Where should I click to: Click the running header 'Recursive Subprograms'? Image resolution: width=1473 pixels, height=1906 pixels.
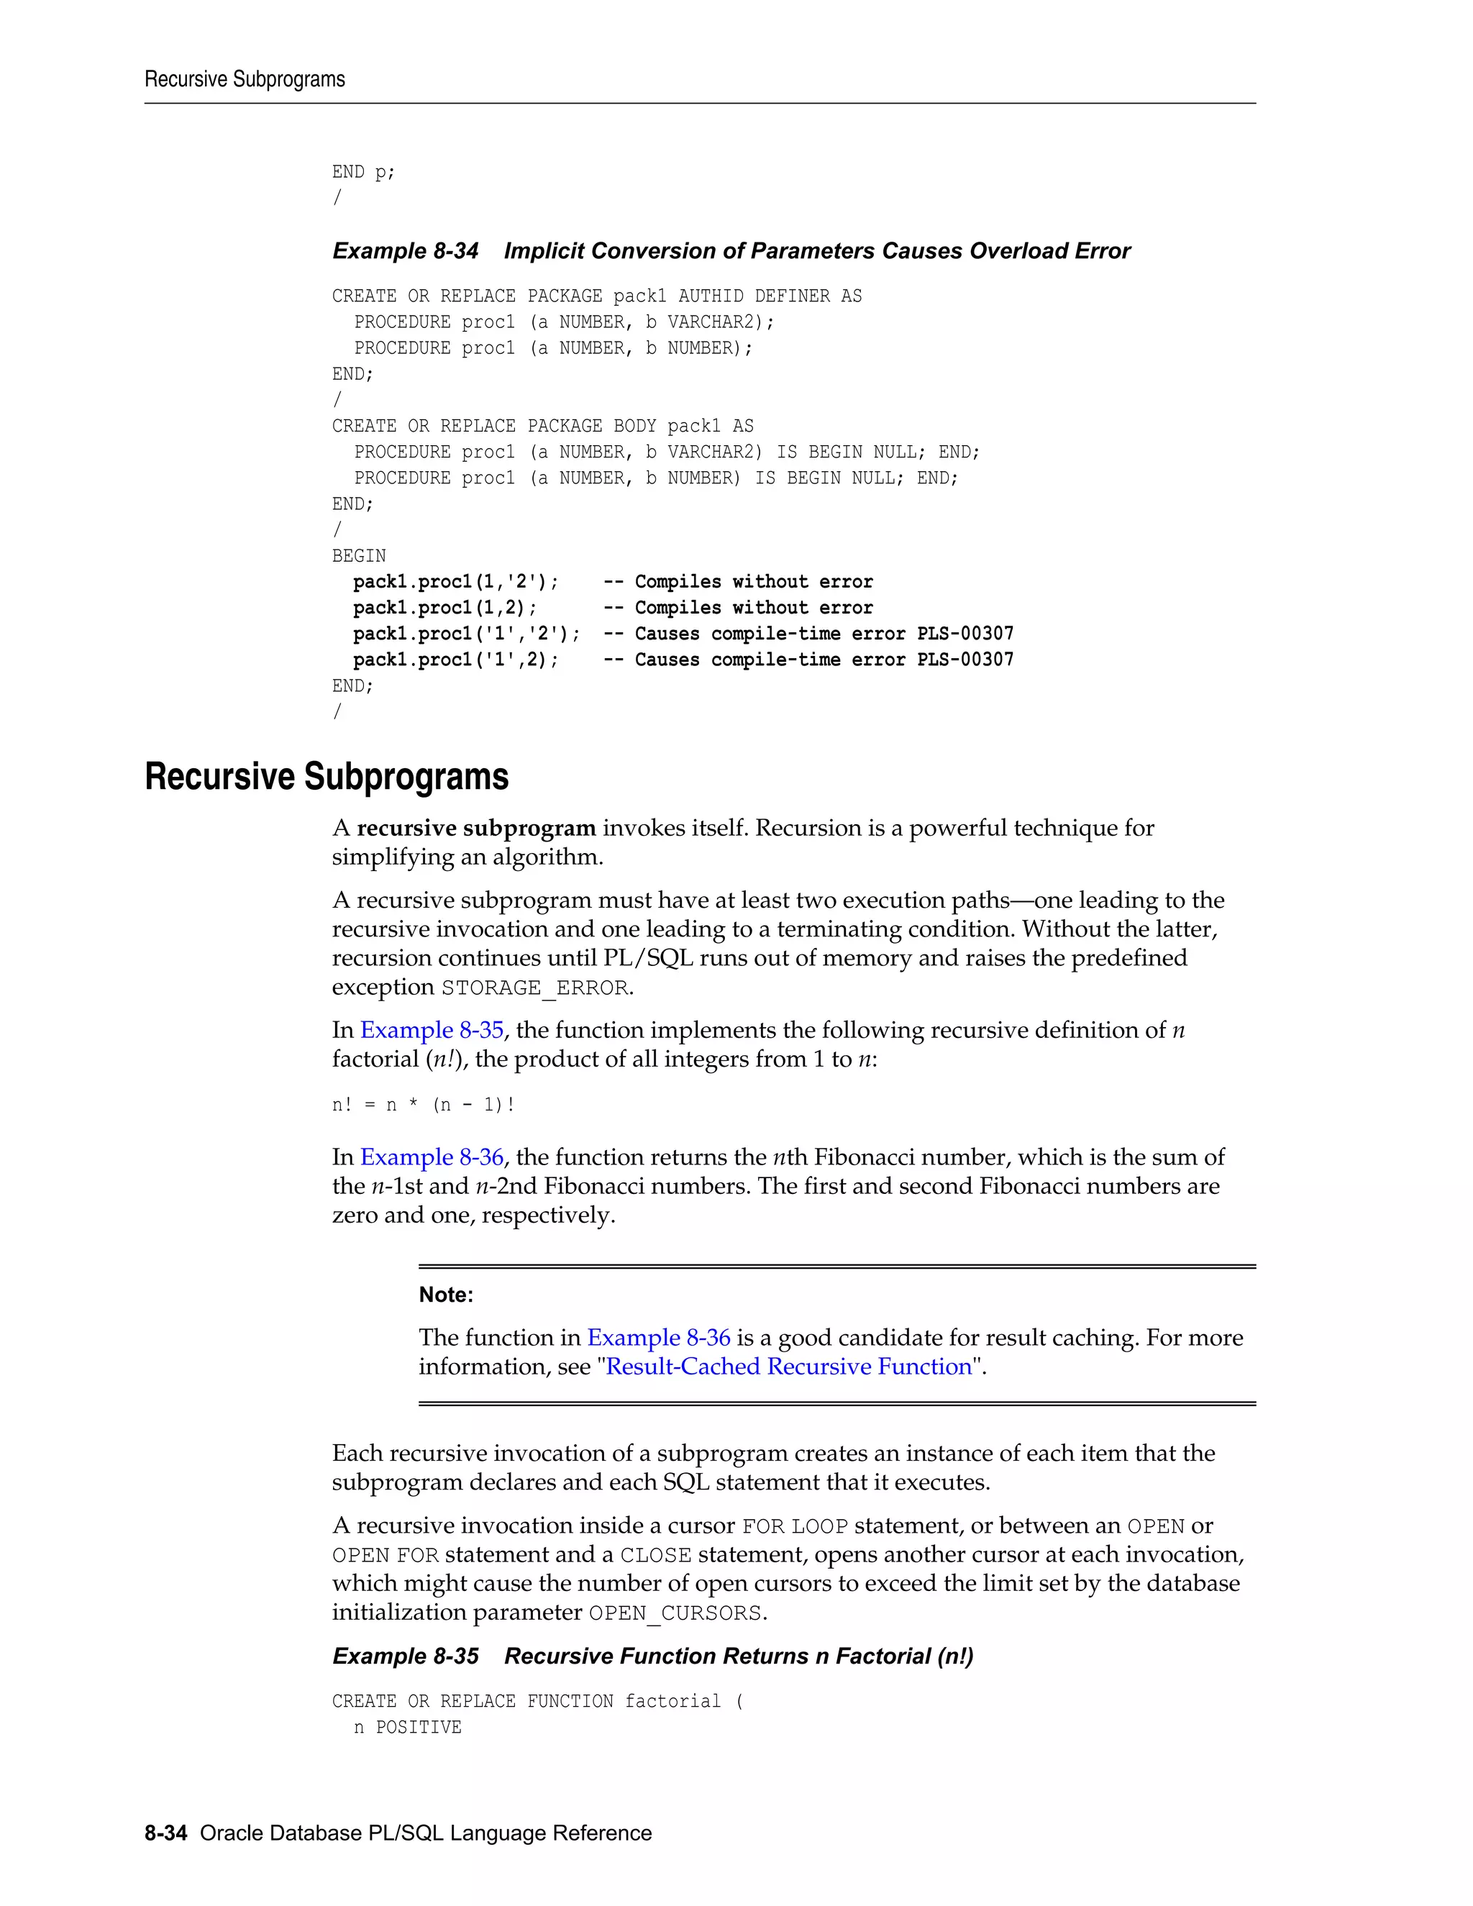click(x=245, y=79)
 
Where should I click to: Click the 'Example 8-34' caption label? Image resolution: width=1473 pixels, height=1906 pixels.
click(x=405, y=251)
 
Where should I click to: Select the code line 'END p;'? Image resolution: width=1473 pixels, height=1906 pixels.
click(x=363, y=173)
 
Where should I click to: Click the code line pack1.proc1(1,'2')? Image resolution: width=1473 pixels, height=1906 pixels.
click(x=455, y=582)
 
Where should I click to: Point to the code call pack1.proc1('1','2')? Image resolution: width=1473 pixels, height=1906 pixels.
click(x=466, y=634)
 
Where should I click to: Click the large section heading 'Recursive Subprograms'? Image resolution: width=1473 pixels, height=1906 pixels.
click(x=327, y=777)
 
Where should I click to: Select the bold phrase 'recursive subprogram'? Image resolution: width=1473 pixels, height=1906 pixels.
click(x=475, y=828)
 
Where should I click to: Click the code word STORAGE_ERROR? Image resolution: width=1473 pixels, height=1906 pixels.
click(x=534, y=988)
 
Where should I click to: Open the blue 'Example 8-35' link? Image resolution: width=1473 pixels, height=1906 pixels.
click(x=432, y=1031)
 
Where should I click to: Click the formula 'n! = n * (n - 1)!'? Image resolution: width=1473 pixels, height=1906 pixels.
click(x=423, y=1105)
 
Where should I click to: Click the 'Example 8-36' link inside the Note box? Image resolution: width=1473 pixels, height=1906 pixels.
click(x=658, y=1338)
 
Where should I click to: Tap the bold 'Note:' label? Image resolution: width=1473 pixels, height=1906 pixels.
click(x=446, y=1295)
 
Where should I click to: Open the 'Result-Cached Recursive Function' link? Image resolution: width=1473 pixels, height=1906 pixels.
click(x=789, y=1367)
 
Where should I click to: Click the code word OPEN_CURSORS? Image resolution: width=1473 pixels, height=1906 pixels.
click(x=675, y=1613)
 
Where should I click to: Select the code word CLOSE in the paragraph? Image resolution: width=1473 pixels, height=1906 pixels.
click(x=655, y=1555)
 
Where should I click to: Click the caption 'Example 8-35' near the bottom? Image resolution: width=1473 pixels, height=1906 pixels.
click(x=405, y=1656)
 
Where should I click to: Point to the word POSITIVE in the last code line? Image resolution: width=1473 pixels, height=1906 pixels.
click(x=418, y=1727)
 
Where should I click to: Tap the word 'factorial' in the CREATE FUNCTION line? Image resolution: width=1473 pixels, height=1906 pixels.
click(x=672, y=1701)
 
